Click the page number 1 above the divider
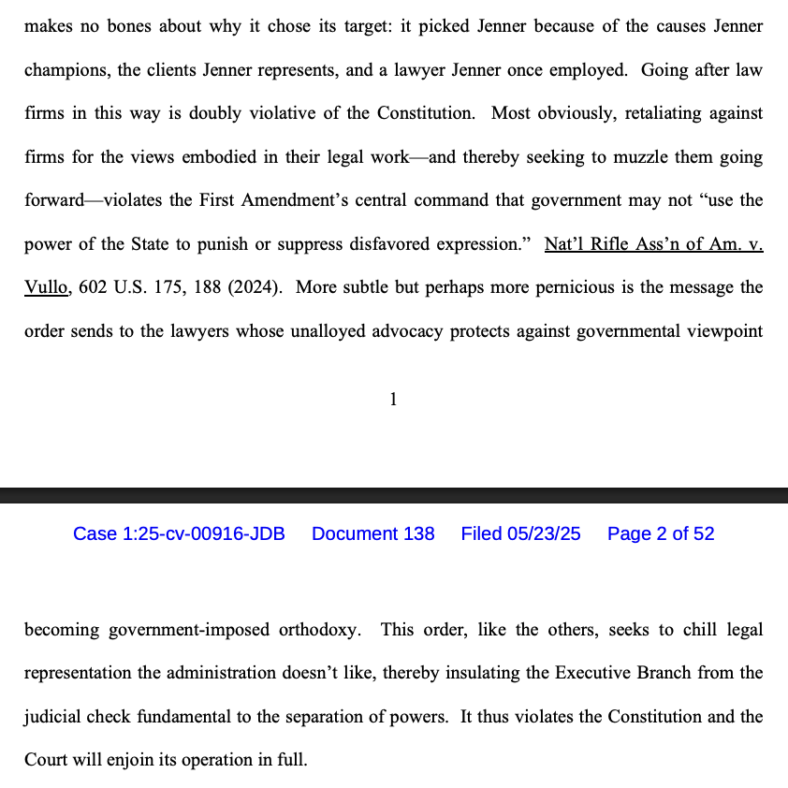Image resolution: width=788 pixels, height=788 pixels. point(393,401)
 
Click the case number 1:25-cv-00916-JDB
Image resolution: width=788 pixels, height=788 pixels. point(179,533)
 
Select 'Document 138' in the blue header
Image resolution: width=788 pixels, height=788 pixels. point(372,533)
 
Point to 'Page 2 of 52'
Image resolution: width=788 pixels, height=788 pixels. point(660,533)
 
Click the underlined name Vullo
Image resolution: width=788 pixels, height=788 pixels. point(44,288)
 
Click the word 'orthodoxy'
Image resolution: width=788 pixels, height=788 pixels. point(318,630)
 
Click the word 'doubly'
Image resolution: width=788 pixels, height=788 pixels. point(215,113)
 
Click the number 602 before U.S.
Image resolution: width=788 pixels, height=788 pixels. point(93,288)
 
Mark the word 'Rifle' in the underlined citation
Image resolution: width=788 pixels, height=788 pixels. point(622,244)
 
